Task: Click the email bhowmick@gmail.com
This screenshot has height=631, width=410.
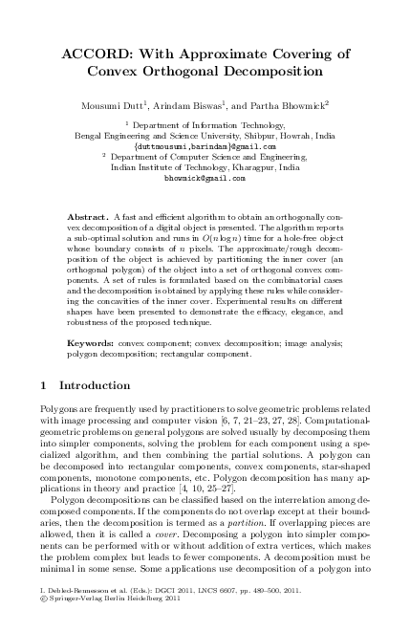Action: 204,178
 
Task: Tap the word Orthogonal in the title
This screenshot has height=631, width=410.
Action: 180,72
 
